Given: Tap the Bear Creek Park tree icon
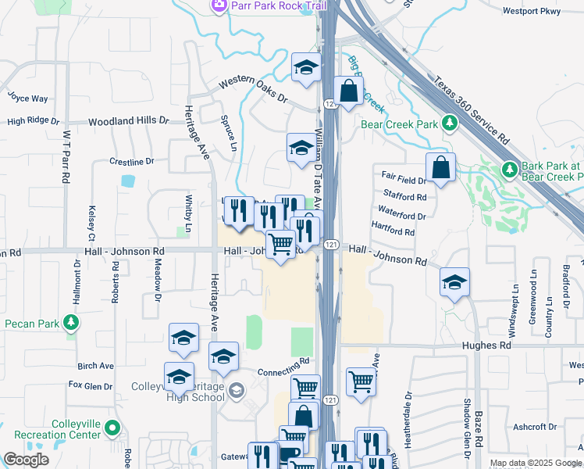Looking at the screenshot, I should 450,123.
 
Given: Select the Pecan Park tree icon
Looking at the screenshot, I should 71,322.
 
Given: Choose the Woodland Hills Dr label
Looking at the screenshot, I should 128,122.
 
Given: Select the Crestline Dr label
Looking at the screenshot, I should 132,162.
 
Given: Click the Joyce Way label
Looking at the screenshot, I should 28,98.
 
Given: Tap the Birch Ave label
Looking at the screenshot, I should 96,365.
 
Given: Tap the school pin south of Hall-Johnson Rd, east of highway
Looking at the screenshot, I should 454,282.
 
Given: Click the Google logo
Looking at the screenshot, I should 27,460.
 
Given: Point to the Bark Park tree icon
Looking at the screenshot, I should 509,168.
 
